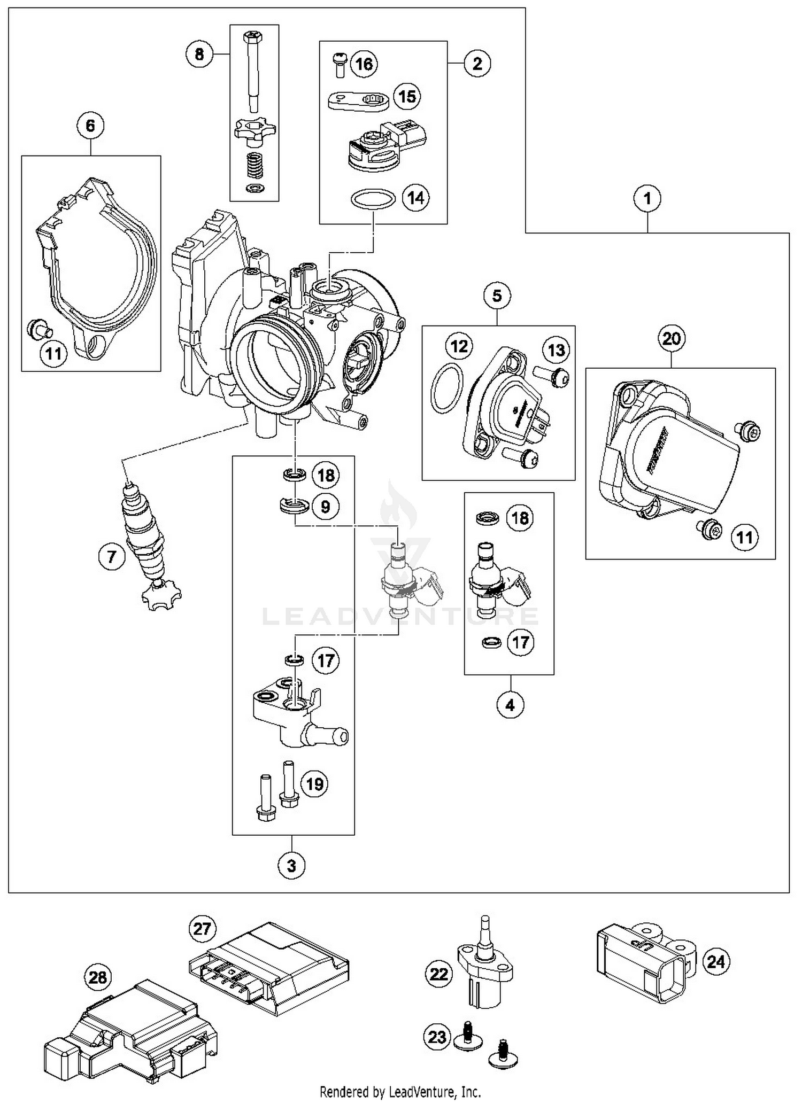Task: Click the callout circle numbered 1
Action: tap(647, 199)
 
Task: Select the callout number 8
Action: tap(199, 54)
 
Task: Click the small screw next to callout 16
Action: tap(338, 63)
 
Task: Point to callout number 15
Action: tap(407, 97)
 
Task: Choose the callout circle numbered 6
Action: tap(90, 126)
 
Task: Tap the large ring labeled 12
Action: tap(446, 387)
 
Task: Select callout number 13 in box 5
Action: tap(556, 350)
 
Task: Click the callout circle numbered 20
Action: tap(672, 339)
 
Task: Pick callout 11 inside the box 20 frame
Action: tap(744, 537)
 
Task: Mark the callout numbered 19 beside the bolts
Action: tap(314, 784)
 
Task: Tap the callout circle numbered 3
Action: tap(291, 865)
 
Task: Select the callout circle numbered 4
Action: tap(510, 705)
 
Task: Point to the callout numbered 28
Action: tap(98, 978)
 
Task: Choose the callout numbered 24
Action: tap(715, 961)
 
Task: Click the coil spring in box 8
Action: tap(254, 167)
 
